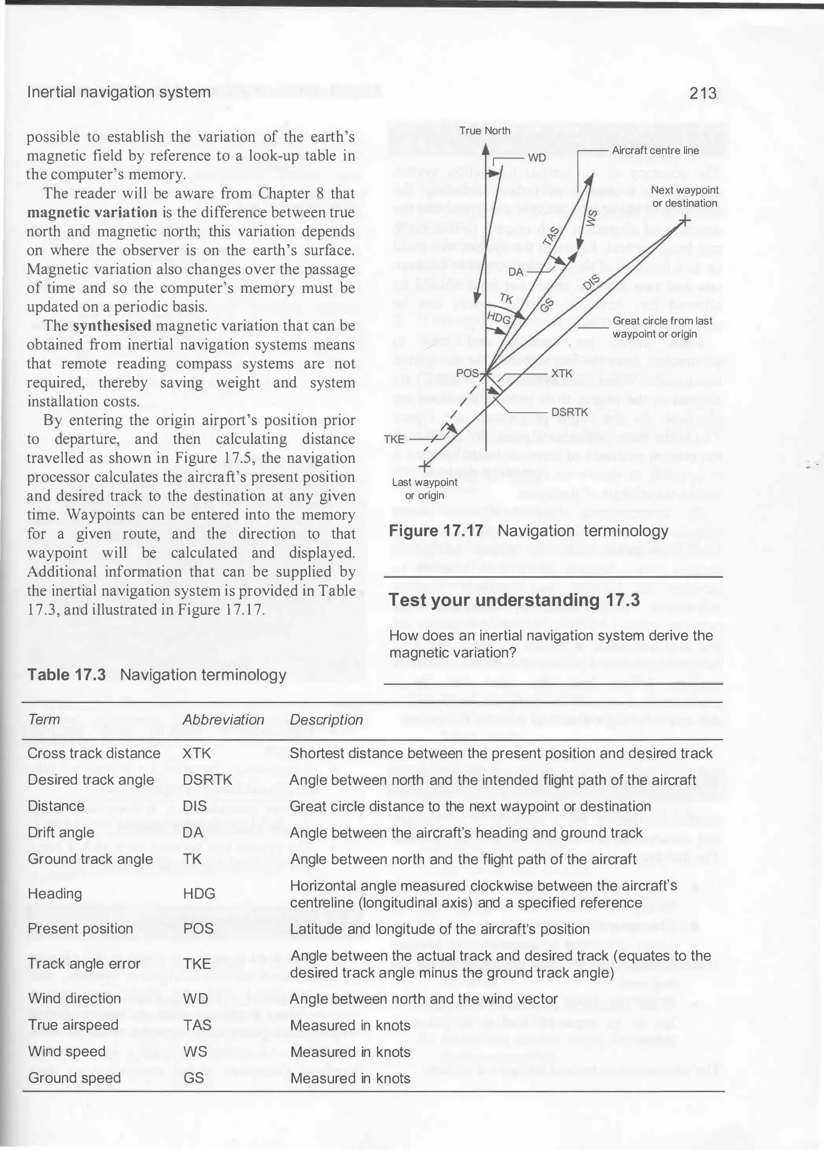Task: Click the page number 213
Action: point(703,93)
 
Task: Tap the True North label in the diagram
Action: point(485,131)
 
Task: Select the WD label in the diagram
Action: point(536,158)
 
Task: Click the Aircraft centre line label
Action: point(655,150)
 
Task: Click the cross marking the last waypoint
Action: point(425,466)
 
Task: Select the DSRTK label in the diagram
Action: point(569,412)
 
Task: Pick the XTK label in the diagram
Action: point(561,374)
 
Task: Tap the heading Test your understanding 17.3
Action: point(514,600)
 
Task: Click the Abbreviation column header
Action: point(223,720)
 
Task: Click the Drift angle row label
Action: point(61,833)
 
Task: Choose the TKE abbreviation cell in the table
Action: point(197,964)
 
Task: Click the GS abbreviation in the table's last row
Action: point(193,1078)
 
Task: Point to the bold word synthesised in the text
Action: point(112,326)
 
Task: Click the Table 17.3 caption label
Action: point(66,675)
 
